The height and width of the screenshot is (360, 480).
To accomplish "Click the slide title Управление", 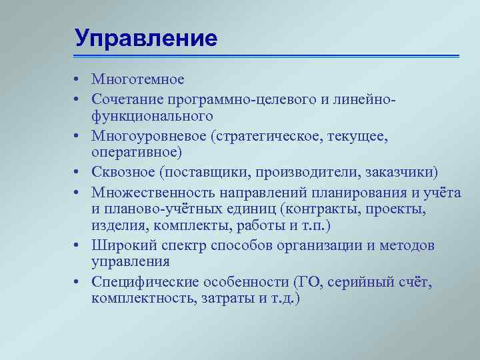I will [146, 38].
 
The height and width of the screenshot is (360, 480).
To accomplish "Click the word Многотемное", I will [137, 80].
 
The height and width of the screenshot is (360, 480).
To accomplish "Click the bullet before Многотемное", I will [77, 81].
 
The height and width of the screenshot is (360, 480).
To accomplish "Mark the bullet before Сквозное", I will [77, 174].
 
